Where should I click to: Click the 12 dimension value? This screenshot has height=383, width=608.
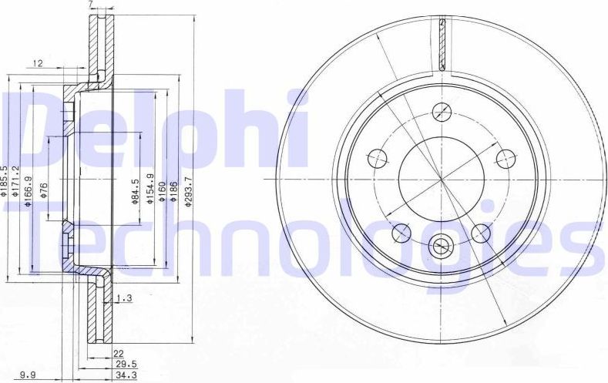38,63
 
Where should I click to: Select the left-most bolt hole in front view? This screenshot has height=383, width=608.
378,159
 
